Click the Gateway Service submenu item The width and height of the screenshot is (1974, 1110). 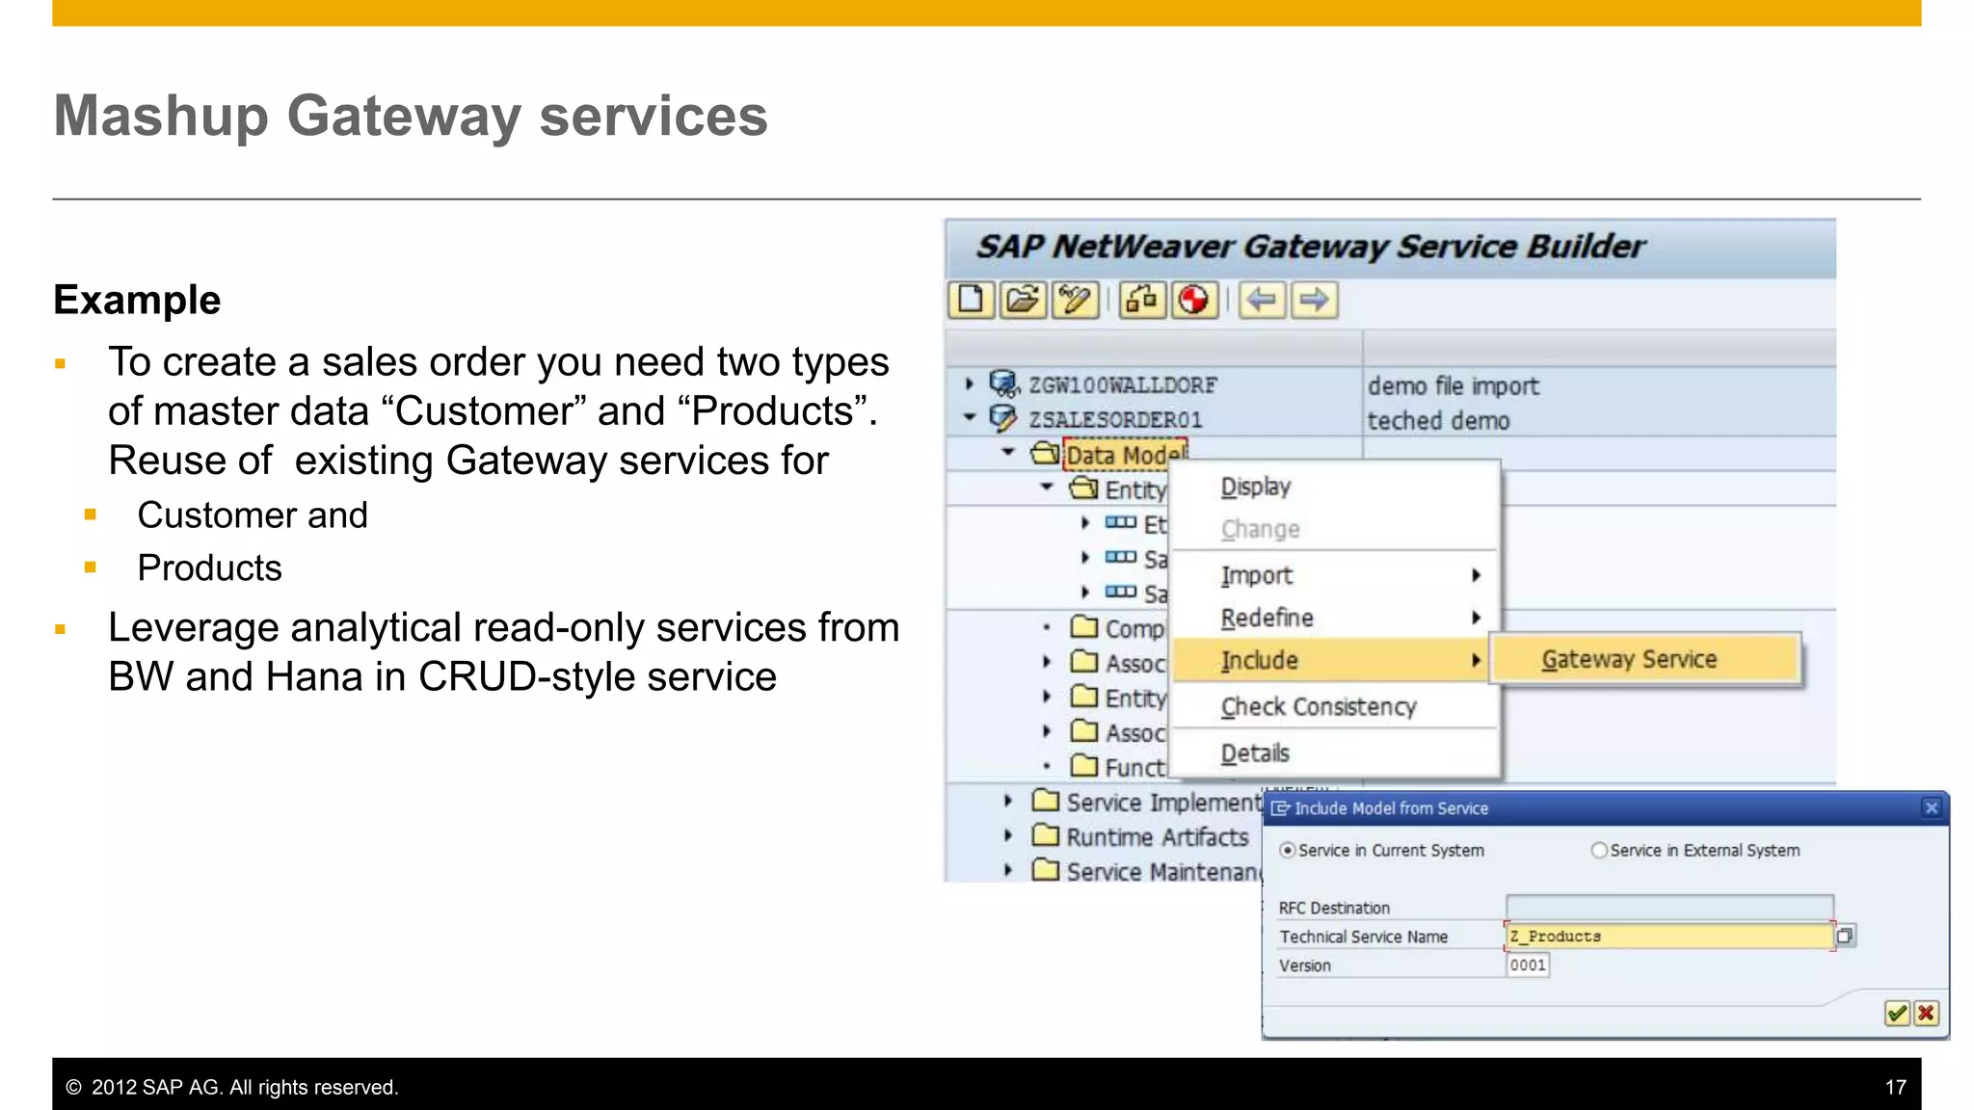click(1629, 659)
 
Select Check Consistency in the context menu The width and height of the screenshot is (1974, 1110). click(1318, 706)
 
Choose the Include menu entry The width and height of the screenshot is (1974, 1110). click(1259, 660)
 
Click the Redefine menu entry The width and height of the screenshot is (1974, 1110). click(1267, 618)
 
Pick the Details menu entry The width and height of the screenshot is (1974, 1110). click(1254, 753)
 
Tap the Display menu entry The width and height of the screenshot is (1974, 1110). click(1255, 487)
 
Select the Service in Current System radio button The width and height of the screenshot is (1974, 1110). click(1288, 850)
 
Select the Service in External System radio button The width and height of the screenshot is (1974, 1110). click(1599, 850)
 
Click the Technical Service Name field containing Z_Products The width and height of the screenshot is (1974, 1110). click(1667, 936)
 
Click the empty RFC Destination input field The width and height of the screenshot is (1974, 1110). click(1668, 907)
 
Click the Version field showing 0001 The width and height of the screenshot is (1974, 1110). click(1528, 965)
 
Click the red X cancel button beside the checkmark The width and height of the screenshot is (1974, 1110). click(1926, 1013)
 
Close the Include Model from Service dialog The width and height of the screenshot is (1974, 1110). click(1931, 807)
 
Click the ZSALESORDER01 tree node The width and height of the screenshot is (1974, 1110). click(1114, 420)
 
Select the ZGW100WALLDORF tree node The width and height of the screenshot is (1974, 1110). click(1122, 385)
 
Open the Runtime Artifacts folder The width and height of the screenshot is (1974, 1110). click(1157, 836)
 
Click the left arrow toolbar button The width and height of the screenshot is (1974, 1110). click(1262, 300)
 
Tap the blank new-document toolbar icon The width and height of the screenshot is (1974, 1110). click(971, 300)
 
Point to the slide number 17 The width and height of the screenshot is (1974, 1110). click(1895, 1087)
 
